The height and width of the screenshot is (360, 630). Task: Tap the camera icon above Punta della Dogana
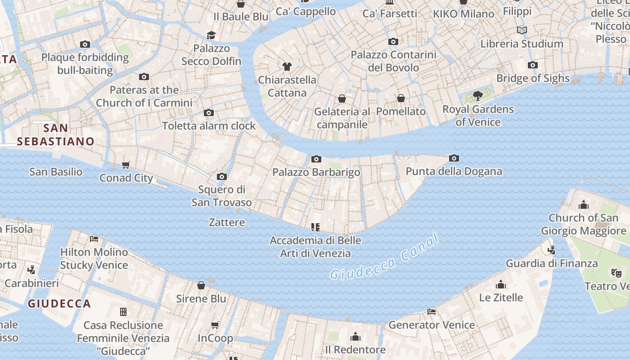tap(454, 158)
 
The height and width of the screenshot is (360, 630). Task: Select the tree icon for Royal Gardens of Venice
tap(478, 96)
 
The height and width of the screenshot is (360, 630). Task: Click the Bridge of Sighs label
tap(533, 78)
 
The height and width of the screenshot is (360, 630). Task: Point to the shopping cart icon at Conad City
tap(126, 165)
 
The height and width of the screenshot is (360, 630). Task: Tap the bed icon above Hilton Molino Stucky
tap(94, 238)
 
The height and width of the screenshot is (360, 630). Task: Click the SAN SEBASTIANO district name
tap(56, 135)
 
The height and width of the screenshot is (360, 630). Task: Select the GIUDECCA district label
tap(59, 304)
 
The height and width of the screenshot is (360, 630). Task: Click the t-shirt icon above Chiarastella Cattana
tap(287, 67)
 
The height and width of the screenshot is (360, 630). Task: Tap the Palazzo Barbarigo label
tap(316, 172)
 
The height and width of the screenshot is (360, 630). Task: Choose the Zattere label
tap(227, 222)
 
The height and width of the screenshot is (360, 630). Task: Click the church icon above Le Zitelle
tap(501, 284)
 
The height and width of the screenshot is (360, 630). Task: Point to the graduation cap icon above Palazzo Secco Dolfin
tap(211, 35)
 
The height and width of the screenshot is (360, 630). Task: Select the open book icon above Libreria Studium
tap(522, 30)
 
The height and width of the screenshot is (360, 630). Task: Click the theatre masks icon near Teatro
tap(616, 272)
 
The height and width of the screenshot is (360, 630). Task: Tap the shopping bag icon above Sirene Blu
tap(201, 285)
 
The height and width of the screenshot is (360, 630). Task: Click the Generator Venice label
tap(432, 324)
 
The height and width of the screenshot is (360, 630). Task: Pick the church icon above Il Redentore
tap(355, 337)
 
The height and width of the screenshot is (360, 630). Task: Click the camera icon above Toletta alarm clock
tap(209, 112)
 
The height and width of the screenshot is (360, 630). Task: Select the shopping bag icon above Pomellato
tap(401, 98)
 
